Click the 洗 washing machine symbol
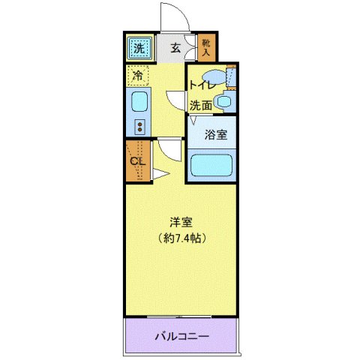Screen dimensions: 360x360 139,49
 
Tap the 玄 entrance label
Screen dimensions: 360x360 175,49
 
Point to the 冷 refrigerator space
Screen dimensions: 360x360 138,75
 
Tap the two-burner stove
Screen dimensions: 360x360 139,126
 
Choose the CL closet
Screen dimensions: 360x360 137,160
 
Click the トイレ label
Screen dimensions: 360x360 202,85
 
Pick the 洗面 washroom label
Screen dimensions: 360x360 199,106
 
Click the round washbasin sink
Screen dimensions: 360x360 223,101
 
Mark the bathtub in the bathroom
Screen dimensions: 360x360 211,165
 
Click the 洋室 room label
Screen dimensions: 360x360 181,222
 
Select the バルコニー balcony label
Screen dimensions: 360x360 182,335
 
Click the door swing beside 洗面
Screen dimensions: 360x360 175,100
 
